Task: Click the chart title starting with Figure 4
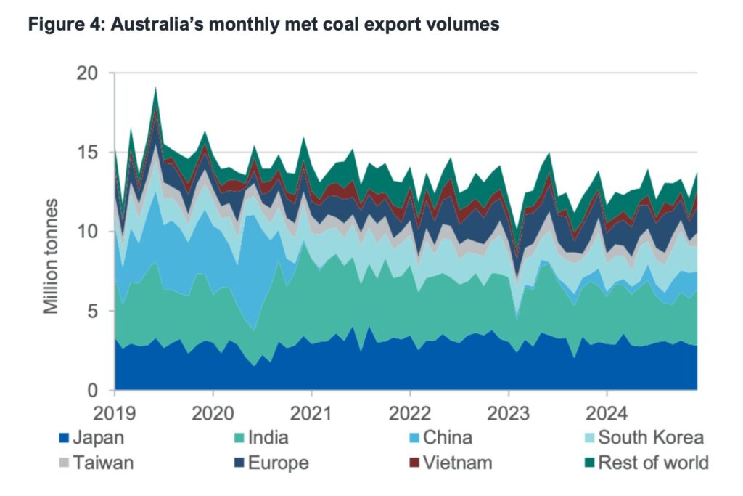click(x=263, y=24)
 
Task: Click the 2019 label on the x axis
click(x=115, y=411)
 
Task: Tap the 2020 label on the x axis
click(x=213, y=411)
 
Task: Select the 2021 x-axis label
click(x=311, y=411)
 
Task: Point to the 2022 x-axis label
click(x=410, y=411)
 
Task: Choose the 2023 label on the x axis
click(x=508, y=411)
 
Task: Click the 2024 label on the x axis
click(x=607, y=411)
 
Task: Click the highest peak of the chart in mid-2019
click(x=155, y=88)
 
